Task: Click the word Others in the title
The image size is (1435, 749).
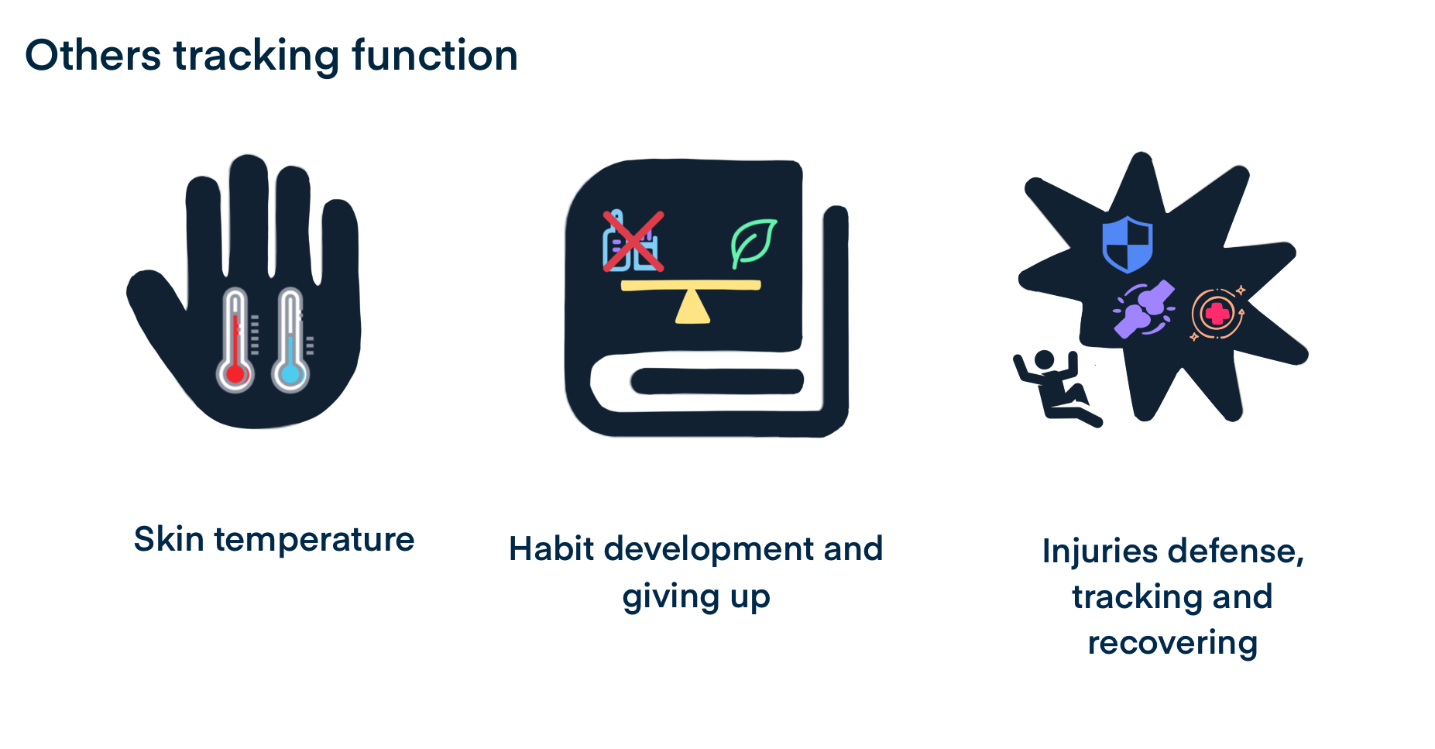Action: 94,56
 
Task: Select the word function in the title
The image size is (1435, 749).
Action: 434,55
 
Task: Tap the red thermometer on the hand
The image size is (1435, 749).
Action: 235,340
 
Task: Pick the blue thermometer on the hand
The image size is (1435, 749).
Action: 290,340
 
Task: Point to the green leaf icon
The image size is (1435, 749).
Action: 753,242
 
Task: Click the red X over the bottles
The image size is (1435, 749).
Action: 633,242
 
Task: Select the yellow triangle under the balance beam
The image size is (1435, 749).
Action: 692,307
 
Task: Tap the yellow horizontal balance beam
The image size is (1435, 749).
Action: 691,286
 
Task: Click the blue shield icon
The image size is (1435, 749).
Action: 1128,244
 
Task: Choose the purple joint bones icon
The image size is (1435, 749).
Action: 1144,309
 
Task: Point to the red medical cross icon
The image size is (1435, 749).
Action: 1218,314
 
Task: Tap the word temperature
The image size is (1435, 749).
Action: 314,540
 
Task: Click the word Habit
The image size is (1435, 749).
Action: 552,548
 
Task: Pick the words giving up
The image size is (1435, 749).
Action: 696,597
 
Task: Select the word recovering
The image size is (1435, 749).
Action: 1172,644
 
